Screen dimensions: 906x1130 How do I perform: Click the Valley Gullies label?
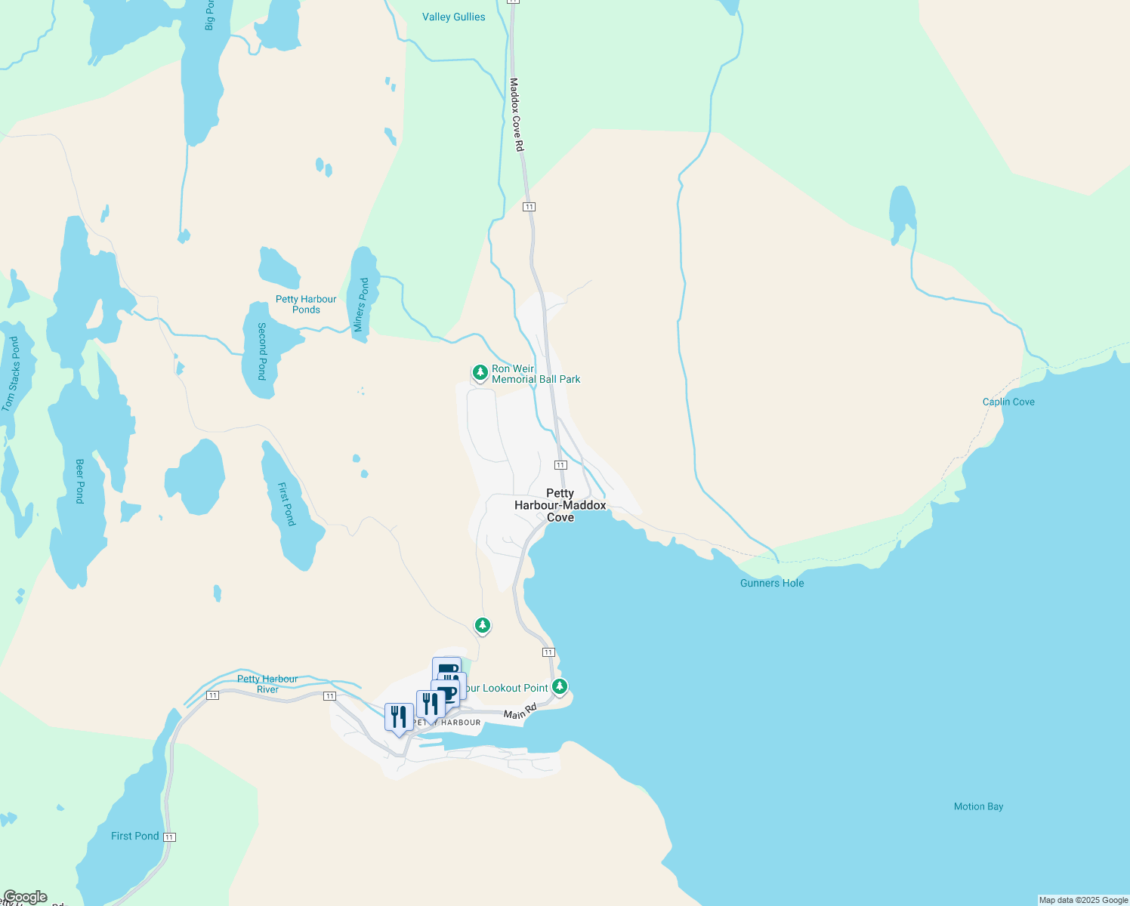tap(453, 17)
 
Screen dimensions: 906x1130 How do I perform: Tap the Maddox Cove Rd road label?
tap(517, 114)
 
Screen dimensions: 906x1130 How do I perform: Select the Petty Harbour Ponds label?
tap(306, 304)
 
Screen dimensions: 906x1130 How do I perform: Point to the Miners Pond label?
tap(362, 305)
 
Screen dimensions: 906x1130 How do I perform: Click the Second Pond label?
tap(262, 351)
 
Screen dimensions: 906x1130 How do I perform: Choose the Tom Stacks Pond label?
tap(11, 374)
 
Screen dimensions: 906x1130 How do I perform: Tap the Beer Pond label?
tap(80, 481)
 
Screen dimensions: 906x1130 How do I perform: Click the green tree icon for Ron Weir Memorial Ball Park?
tap(480, 372)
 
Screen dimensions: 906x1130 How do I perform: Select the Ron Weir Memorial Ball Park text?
tap(536, 374)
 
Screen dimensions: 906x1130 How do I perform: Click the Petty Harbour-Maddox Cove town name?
tap(560, 505)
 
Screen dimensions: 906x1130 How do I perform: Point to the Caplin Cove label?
tap(1008, 402)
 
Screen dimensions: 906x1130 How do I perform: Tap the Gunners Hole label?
tap(772, 583)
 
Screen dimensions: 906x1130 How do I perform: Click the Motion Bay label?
tap(978, 806)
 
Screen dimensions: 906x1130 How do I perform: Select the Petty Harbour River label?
tap(267, 684)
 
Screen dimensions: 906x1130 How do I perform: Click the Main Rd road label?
tap(520, 711)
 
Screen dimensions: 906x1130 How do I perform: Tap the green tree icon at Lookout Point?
tap(560, 686)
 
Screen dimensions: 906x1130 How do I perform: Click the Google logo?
tap(25, 897)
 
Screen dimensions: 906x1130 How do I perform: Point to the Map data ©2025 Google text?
tap(1083, 900)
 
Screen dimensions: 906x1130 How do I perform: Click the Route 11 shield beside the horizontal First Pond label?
tap(169, 837)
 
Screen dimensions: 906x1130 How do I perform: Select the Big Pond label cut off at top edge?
tap(209, 15)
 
